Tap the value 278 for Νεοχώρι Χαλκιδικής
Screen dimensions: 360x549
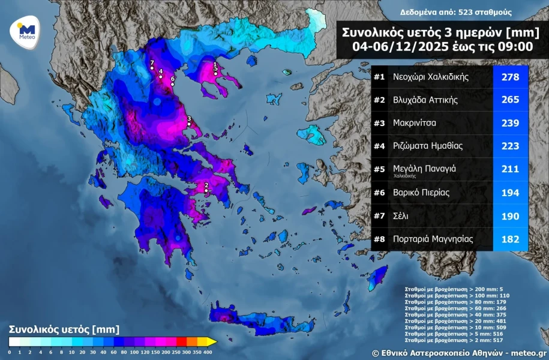tap(509, 77)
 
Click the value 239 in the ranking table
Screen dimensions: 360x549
tap(509, 123)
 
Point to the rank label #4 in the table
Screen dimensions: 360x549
tap(379, 146)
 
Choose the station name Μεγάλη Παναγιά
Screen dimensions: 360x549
tap(424, 169)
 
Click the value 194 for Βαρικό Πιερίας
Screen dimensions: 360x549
tap(509, 193)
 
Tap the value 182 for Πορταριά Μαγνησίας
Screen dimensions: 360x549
tap(509, 239)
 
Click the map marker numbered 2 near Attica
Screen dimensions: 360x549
tap(206, 191)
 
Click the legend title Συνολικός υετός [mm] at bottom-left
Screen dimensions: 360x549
tap(64, 329)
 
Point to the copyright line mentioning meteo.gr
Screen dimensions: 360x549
tap(458, 353)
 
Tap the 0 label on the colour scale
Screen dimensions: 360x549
tap(10, 352)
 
